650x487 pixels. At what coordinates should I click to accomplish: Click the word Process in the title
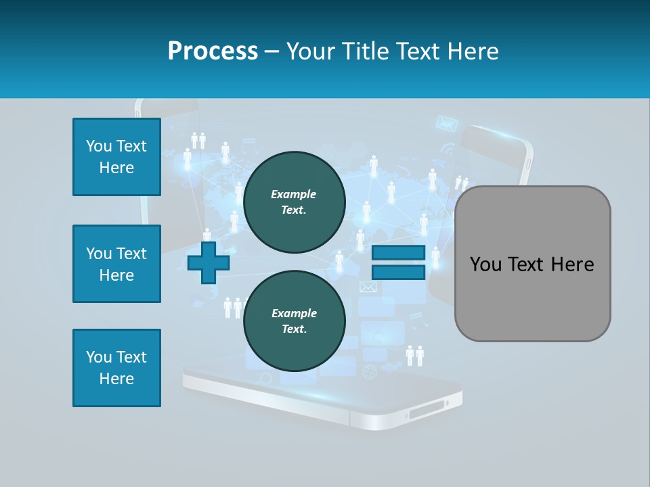click(213, 51)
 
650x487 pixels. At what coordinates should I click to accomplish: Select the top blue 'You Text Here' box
click(116, 157)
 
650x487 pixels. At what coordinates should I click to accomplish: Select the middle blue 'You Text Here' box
click(116, 264)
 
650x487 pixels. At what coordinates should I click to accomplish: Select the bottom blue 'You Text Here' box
click(116, 368)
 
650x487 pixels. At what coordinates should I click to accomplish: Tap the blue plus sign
click(209, 262)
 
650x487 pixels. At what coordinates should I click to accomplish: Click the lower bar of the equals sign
click(398, 273)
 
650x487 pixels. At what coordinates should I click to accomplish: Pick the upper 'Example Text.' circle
click(295, 202)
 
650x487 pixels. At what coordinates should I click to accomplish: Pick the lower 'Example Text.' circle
click(295, 321)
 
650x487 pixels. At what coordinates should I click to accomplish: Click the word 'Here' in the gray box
click(572, 264)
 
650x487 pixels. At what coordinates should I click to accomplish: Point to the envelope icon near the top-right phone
click(446, 123)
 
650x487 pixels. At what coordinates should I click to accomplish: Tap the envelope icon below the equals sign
click(368, 287)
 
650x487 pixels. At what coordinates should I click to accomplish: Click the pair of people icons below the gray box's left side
click(414, 354)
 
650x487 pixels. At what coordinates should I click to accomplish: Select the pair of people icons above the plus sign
click(198, 140)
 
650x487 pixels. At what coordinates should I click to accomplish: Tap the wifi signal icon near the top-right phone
click(448, 148)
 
